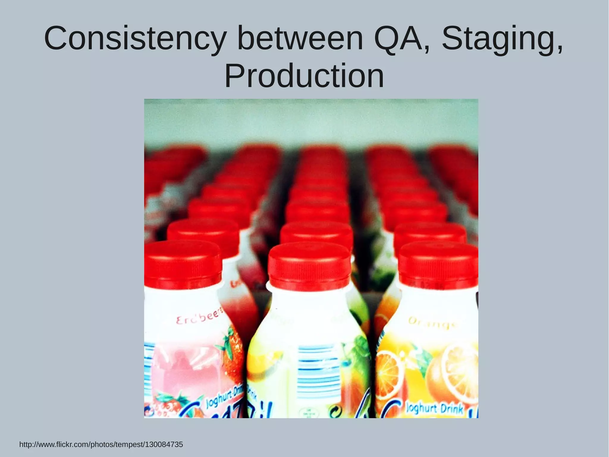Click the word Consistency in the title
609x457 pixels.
[134, 39]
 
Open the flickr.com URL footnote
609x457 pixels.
[101, 445]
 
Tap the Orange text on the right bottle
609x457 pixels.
[431, 323]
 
